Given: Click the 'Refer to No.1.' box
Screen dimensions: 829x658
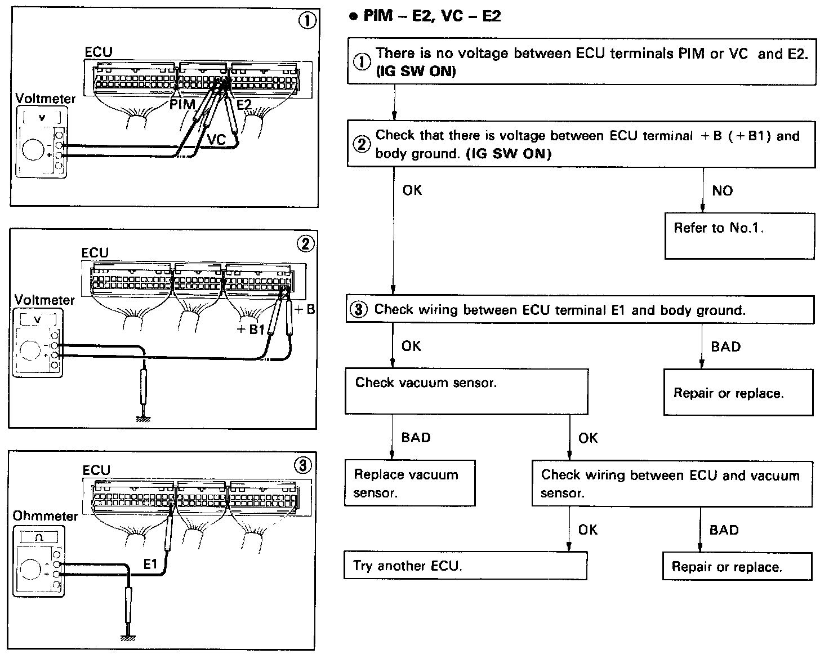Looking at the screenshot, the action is (739, 236).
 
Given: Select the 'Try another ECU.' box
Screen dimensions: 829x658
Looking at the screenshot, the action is (465, 566).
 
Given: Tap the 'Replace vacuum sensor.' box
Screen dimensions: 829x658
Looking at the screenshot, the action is (410, 483).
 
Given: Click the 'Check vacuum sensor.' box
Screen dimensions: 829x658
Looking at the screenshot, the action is (466, 392).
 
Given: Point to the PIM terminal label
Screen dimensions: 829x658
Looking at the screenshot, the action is (182, 104).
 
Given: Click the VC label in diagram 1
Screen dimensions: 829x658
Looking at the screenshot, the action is (216, 140).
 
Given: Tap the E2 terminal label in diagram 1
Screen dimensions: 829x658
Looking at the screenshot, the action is (244, 104).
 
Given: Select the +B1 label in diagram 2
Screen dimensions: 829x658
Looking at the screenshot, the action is (251, 329).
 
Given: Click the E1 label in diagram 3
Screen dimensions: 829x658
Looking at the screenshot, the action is (150, 564).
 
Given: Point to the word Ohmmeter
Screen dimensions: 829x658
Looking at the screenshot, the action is (45, 516).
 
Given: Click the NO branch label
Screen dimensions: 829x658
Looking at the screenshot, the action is (723, 191).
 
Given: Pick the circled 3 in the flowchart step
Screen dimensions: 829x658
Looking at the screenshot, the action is (358, 309).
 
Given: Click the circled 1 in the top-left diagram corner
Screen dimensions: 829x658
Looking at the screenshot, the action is (307, 21).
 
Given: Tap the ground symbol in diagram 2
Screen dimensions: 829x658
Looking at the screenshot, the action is (143, 419).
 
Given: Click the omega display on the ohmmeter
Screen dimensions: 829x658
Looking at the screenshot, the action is (39, 537).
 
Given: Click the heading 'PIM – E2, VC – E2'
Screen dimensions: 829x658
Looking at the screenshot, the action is (432, 16).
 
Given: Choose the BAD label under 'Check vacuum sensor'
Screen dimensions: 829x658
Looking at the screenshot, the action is (416, 438).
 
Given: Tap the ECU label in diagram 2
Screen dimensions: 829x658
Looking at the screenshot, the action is (95, 252).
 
